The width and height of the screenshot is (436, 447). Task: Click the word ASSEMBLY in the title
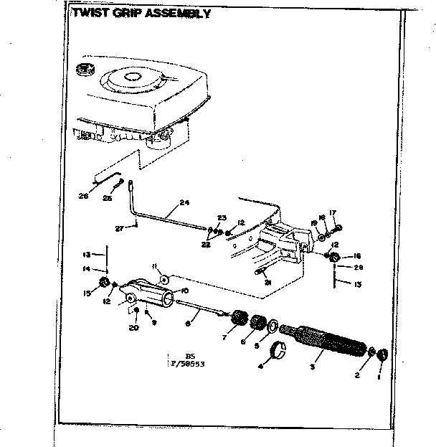click(x=173, y=13)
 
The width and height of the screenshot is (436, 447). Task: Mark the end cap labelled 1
click(x=383, y=354)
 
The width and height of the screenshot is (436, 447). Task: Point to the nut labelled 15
click(x=103, y=281)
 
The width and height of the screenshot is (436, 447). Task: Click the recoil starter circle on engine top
click(x=133, y=75)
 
